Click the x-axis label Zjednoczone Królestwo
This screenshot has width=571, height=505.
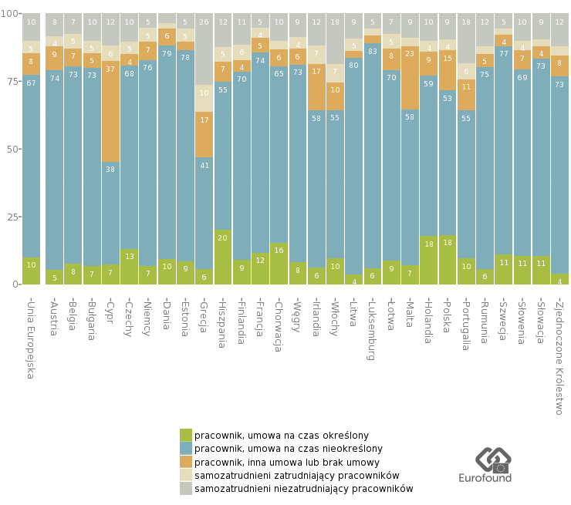560,355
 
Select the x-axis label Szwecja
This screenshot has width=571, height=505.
504,320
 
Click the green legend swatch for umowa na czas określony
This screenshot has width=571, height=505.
186,435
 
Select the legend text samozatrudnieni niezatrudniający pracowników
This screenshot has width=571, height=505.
303,489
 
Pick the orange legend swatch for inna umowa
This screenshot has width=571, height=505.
186,462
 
